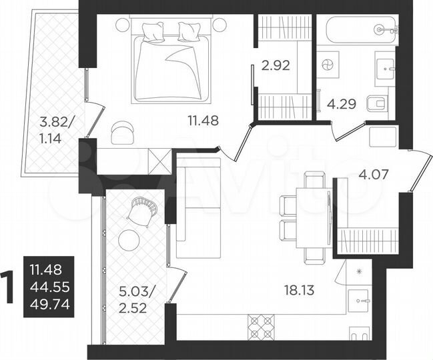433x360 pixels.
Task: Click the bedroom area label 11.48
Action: (203, 121)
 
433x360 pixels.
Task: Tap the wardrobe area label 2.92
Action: (276, 65)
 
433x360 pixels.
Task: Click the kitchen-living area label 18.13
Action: (300, 291)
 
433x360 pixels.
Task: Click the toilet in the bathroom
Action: (377, 103)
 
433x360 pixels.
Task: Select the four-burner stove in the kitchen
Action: (261, 327)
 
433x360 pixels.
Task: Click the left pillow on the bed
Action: (153, 30)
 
